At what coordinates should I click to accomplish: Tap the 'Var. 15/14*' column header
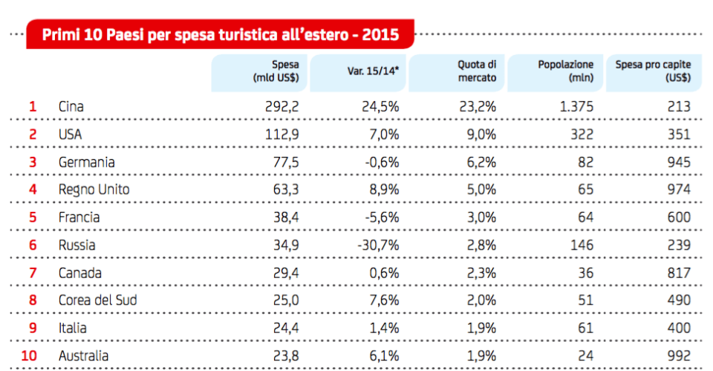pos(373,71)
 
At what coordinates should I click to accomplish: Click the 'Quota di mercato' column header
pos(476,71)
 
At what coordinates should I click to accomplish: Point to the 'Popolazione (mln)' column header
pos(565,71)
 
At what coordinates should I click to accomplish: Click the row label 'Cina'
pos(71,106)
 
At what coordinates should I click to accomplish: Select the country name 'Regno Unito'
pos(94,190)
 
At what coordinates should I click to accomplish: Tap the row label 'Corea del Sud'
pos(97,300)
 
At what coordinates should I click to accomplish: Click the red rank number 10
pos(30,356)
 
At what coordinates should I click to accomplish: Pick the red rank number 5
pos(33,218)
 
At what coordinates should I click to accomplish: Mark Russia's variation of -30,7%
pos(378,245)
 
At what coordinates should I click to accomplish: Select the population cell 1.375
pos(576,106)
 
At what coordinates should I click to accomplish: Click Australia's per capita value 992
pos(679,356)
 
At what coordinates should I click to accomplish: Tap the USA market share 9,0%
pos(481,135)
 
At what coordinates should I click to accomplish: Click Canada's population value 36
pos(585,273)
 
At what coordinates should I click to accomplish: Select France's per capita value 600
pos(679,218)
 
